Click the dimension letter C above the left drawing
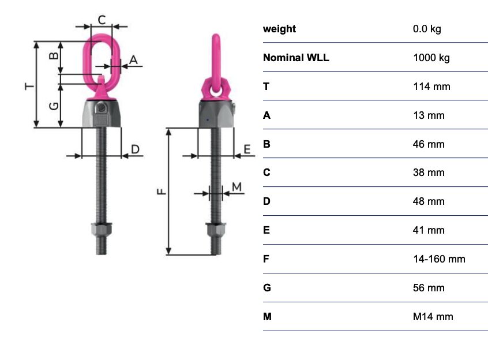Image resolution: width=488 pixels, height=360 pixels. pos(102,20)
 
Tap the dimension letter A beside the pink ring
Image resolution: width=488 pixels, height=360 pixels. pos(133,59)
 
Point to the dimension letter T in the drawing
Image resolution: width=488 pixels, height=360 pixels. pos(29,85)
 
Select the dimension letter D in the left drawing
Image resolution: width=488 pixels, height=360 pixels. pos(136,149)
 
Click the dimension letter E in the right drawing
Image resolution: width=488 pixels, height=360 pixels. pos(247,149)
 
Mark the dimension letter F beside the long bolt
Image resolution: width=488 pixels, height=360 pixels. pos(162,192)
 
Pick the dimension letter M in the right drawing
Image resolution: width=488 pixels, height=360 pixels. pos(237,187)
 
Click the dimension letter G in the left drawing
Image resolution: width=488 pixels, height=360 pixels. pos(54,106)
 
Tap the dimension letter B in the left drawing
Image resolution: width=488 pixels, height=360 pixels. pos(54,56)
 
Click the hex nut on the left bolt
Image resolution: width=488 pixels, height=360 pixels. pos(102,229)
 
